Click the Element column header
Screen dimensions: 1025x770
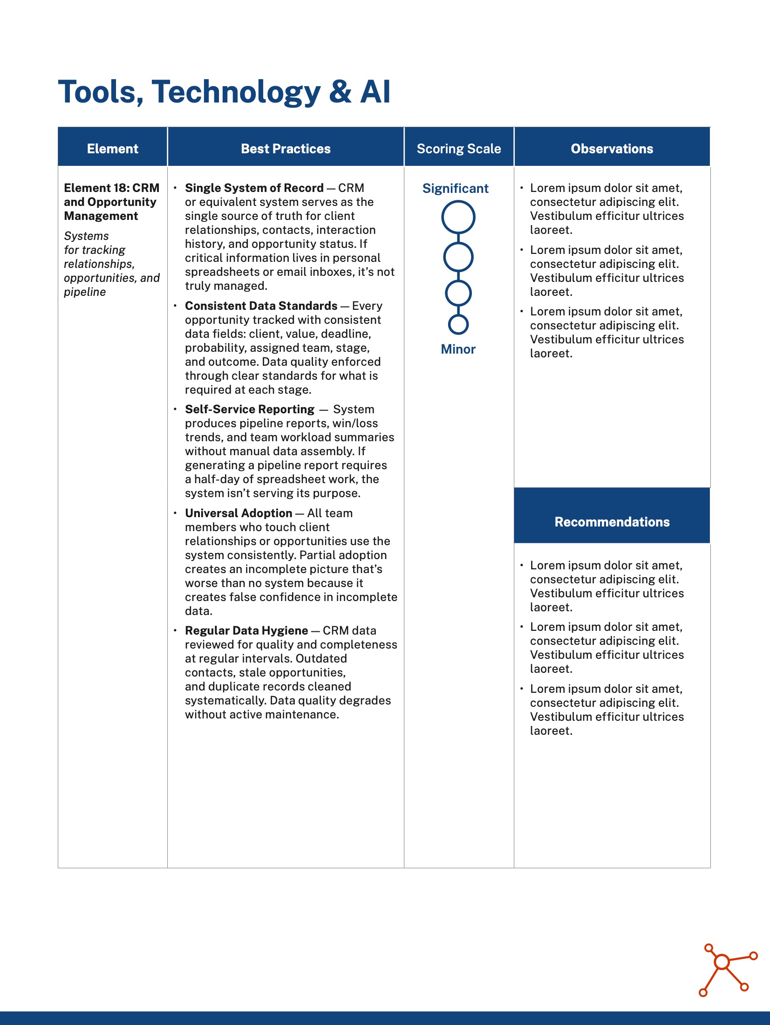(x=112, y=149)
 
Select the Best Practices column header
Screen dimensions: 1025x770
(x=286, y=149)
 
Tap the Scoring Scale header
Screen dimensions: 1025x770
(x=458, y=149)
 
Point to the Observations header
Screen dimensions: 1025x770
(x=612, y=149)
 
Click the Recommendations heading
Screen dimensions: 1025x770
(x=612, y=522)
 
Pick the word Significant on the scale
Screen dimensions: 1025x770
(x=455, y=188)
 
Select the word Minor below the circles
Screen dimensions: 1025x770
(x=458, y=349)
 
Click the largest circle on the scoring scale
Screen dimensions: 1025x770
(x=458, y=217)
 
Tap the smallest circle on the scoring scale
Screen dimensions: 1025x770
(x=458, y=324)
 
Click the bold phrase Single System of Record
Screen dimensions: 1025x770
(x=254, y=188)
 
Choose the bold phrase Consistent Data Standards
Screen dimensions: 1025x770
(x=261, y=306)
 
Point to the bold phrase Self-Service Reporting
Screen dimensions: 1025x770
(x=250, y=409)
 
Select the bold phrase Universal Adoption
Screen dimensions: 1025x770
(x=238, y=513)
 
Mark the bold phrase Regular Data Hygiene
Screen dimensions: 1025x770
(x=246, y=630)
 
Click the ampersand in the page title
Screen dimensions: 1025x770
(x=340, y=92)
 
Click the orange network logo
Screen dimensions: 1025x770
(x=727, y=969)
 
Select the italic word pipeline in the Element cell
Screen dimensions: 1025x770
(x=85, y=292)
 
